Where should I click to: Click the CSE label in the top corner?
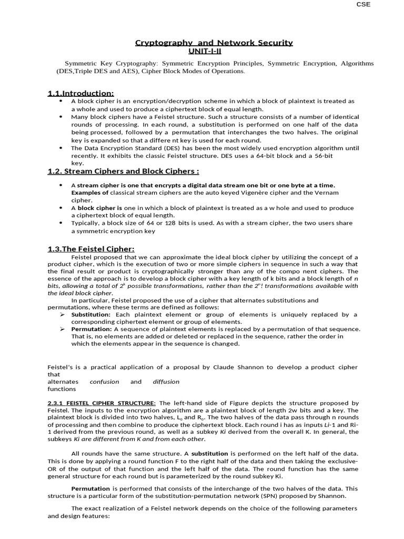pos(363,4)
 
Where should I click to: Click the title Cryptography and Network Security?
pos(214,43)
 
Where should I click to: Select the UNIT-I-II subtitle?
pos(205,51)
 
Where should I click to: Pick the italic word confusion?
pos(104,382)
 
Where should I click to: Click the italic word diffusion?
pos(166,382)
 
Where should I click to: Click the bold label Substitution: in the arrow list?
pos(91,314)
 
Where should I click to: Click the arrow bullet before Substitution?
pos(62,314)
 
